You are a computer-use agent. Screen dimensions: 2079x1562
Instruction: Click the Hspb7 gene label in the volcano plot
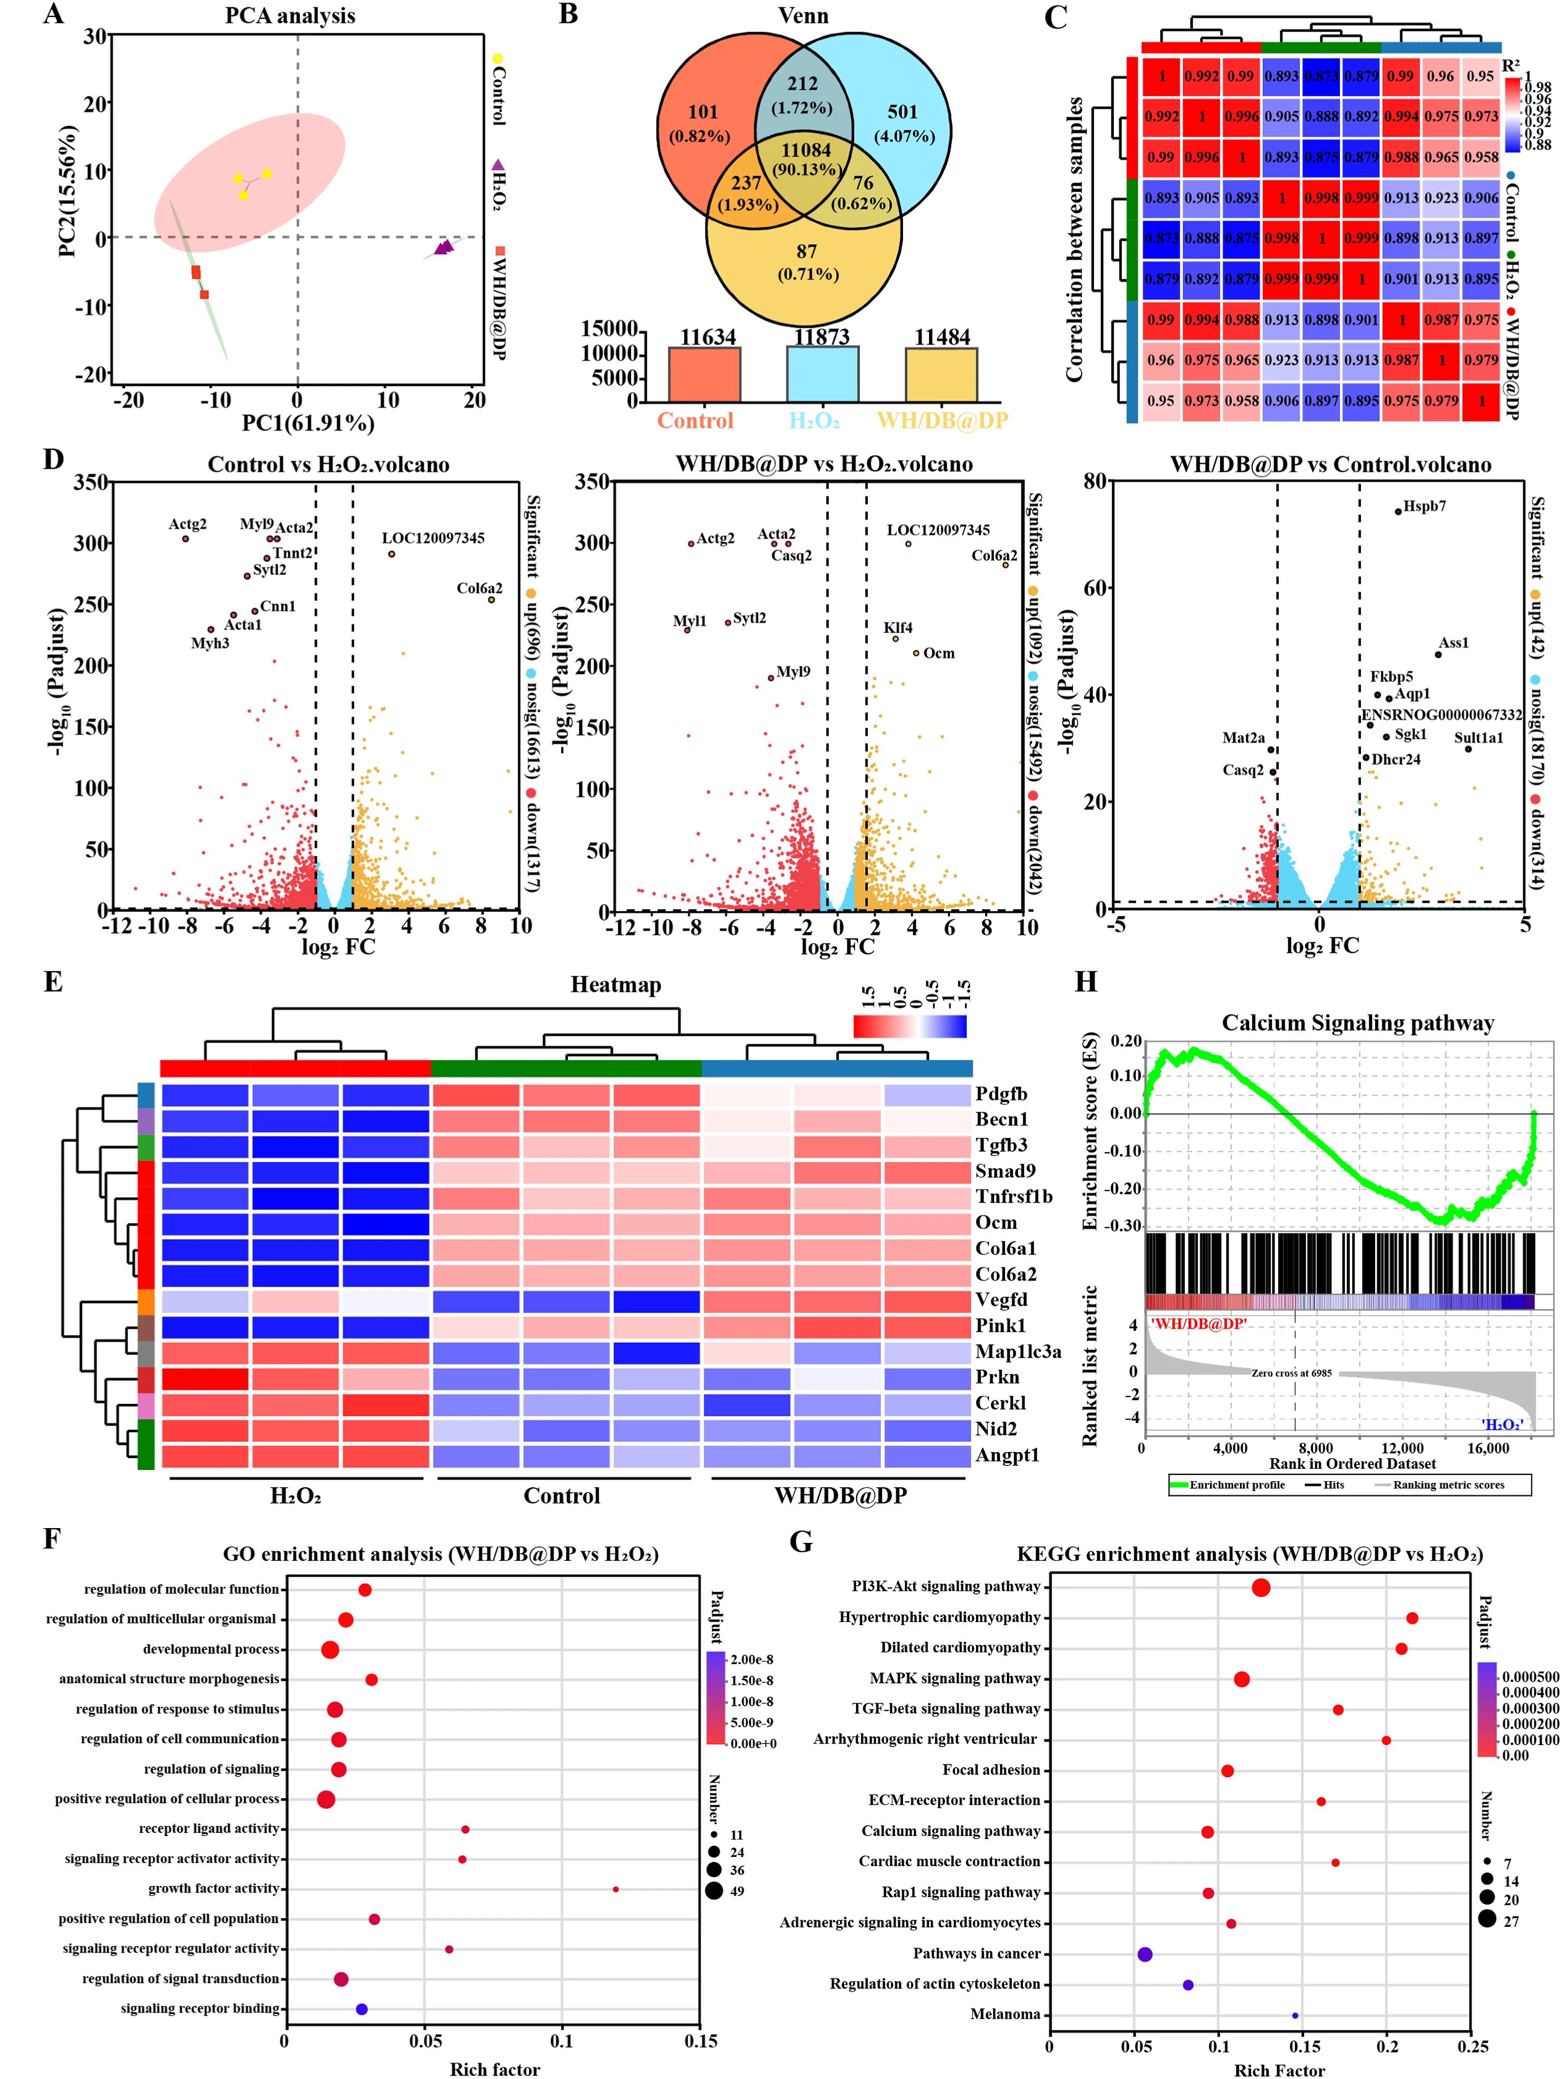tap(1425, 506)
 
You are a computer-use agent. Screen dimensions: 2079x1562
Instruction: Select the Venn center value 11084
tap(806, 151)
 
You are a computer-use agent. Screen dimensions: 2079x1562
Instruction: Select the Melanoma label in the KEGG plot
tap(1006, 2014)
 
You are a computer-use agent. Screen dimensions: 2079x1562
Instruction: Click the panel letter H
tap(1086, 982)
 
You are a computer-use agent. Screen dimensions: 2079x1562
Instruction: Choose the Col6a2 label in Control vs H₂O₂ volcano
tap(479, 588)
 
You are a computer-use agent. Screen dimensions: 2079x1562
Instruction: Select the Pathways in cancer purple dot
tap(1145, 1954)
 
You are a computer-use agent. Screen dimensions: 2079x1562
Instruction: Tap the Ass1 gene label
tap(1453, 643)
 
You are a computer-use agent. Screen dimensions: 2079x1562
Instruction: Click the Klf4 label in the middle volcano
tap(897, 628)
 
